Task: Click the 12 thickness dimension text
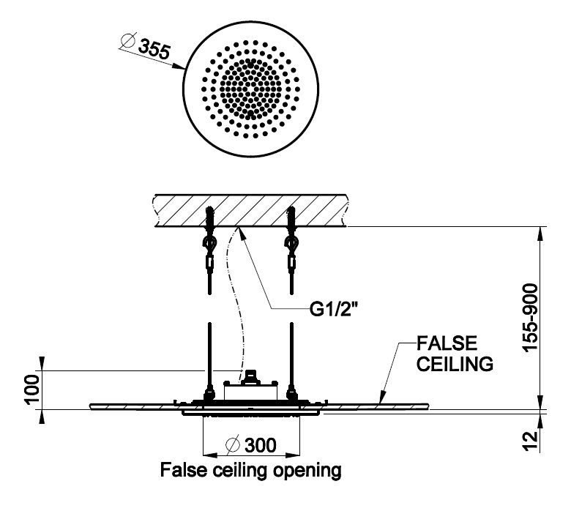tap(532, 441)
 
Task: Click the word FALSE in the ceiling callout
tap(447, 343)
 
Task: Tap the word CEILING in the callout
tap(454, 363)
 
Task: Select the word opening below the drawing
tap(303, 469)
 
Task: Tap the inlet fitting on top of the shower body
tap(251, 376)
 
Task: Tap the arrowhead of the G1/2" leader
tap(245, 228)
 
